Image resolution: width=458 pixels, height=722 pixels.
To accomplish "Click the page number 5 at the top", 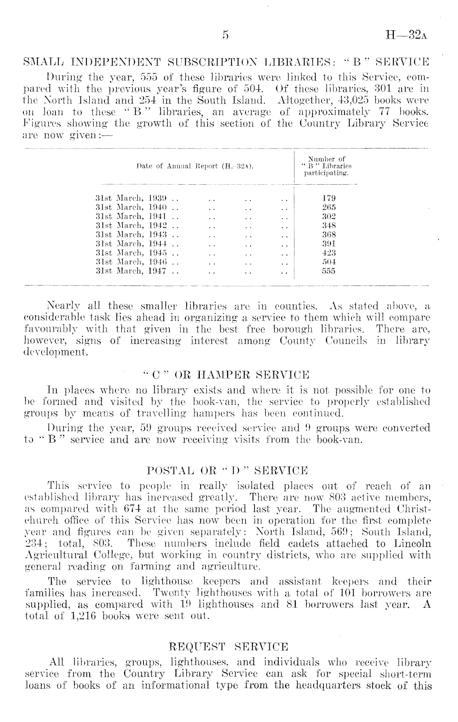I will click(x=224, y=35).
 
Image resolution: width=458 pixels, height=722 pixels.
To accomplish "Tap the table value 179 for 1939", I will click(x=328, y=198).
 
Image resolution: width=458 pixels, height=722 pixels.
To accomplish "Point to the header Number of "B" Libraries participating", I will click(x=327, y=166).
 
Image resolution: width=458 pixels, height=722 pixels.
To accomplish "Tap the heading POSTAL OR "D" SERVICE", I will click(x=227, y=470).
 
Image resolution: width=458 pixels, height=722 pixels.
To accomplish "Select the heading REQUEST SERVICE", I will click(x=229, y=647).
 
